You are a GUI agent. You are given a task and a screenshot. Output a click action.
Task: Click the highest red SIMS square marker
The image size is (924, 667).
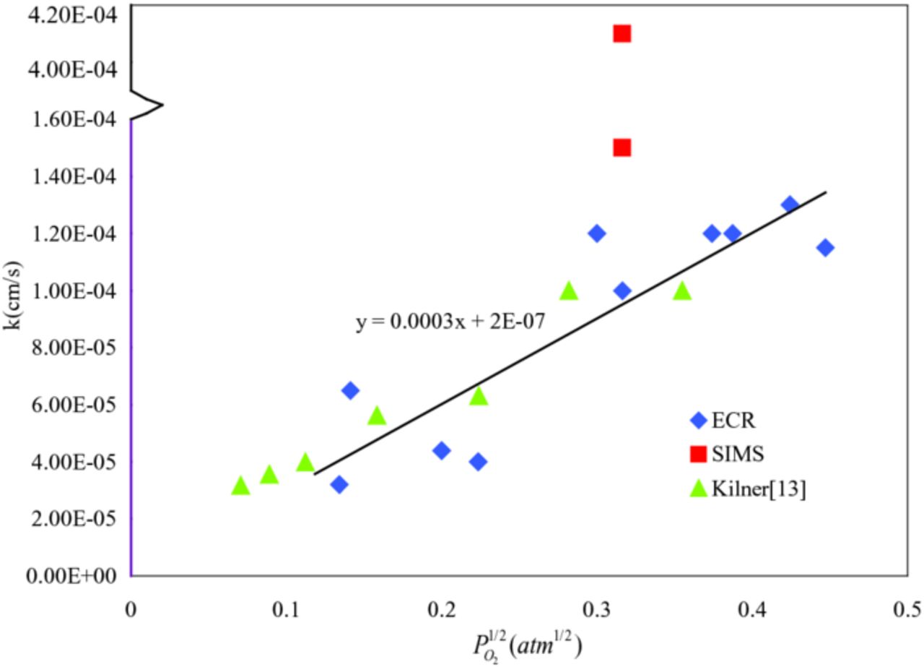622,34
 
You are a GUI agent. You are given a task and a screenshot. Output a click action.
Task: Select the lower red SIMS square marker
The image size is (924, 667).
622,148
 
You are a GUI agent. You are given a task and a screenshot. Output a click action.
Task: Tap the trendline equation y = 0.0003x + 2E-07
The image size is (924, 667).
450,322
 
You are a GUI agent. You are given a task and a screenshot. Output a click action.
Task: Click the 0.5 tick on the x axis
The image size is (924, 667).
907,609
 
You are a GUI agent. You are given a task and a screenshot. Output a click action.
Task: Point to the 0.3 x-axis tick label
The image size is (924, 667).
596,609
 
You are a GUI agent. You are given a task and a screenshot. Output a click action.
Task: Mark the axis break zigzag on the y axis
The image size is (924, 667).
148,105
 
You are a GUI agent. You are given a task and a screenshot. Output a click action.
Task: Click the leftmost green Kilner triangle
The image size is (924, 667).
240,486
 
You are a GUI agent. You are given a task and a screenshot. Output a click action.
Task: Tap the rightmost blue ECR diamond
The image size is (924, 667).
825,248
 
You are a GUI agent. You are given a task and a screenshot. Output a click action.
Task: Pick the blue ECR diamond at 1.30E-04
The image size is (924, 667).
790,205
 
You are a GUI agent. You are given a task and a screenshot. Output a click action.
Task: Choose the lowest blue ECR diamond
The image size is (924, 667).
339,484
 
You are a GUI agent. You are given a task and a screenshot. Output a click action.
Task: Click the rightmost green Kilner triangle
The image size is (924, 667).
681,291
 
